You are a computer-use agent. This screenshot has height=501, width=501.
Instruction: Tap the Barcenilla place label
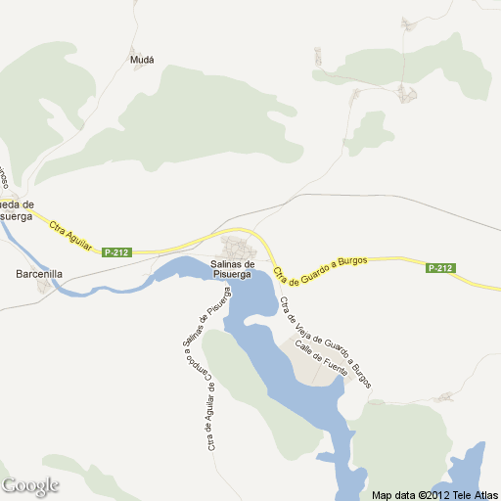pos(39,275)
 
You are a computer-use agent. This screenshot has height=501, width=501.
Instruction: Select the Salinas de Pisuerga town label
pos(234,269)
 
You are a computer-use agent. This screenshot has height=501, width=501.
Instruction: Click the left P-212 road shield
pos(115,252)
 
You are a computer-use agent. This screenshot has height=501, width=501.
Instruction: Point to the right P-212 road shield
pos(440,268)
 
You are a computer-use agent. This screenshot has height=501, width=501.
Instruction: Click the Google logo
pos(30,485)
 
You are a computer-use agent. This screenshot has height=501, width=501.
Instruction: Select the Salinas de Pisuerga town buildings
pos(237,244)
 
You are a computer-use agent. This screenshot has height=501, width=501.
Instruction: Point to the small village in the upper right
pos(406,94)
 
